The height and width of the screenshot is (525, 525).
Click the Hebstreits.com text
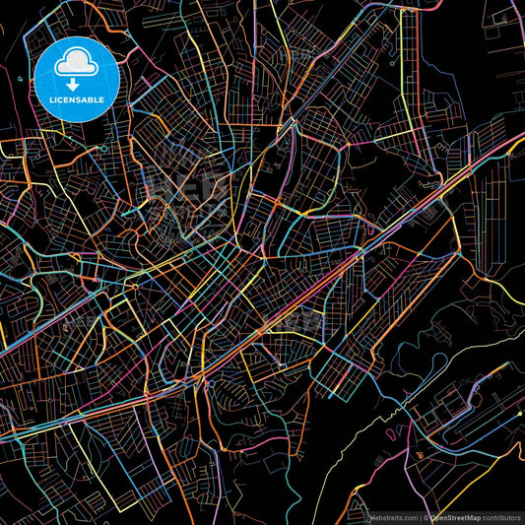[392, 516]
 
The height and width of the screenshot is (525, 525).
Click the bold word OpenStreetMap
[457, 516]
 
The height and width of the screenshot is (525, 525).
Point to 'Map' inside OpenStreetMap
[476, 516]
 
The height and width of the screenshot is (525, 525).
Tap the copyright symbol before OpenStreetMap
[427, 516]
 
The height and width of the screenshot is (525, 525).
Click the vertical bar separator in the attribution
[421, 516]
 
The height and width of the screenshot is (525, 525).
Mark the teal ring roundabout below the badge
[102, 149]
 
